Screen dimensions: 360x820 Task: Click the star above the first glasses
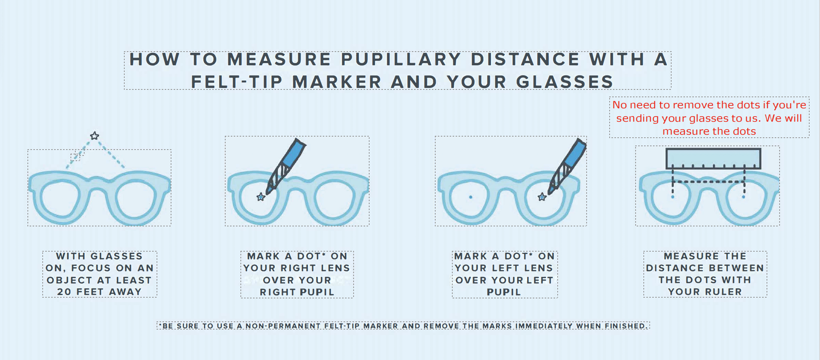click(x=95, y=135)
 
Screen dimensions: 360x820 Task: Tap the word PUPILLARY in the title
click(x=401, y=59)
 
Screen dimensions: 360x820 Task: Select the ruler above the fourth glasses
click(x=713, y=158)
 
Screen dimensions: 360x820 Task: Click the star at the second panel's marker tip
click(x=261, y=197)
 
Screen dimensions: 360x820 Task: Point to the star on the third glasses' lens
click(x=542, y=197)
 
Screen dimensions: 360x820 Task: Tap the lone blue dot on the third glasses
click(x=470, y=197)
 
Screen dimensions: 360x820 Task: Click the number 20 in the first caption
click(x=64, y=292)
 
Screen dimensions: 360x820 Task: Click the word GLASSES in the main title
click(x=564, y=82)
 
